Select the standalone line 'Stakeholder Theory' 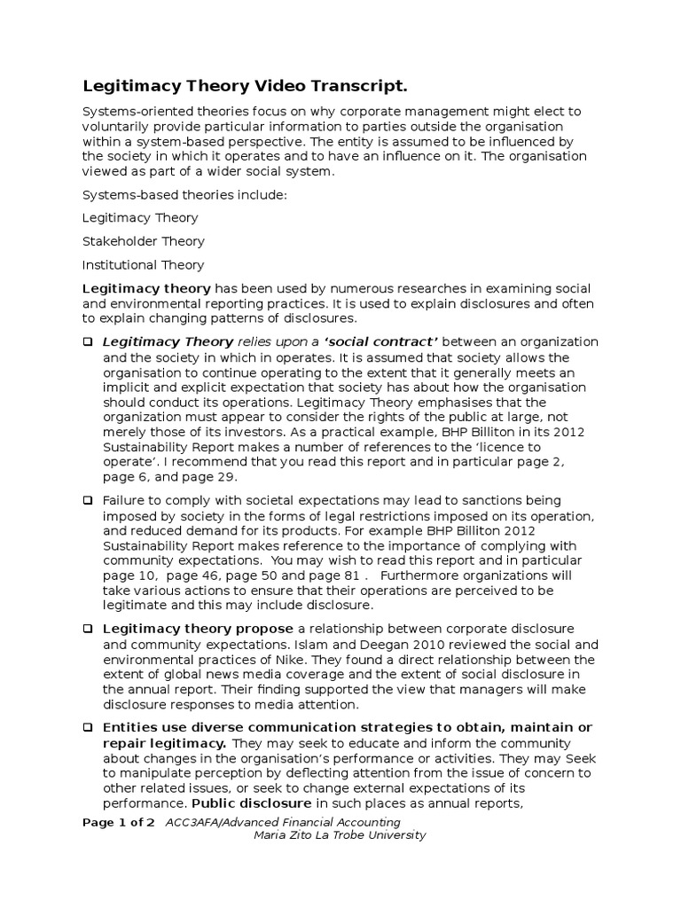(143, 241)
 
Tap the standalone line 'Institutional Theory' (143, 265)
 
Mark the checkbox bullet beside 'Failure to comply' (88, 501)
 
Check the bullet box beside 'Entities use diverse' (88, 727)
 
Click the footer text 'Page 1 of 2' (119, 822)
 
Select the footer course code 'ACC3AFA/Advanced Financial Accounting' (281, 822)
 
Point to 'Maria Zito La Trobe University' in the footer (340, 835)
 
